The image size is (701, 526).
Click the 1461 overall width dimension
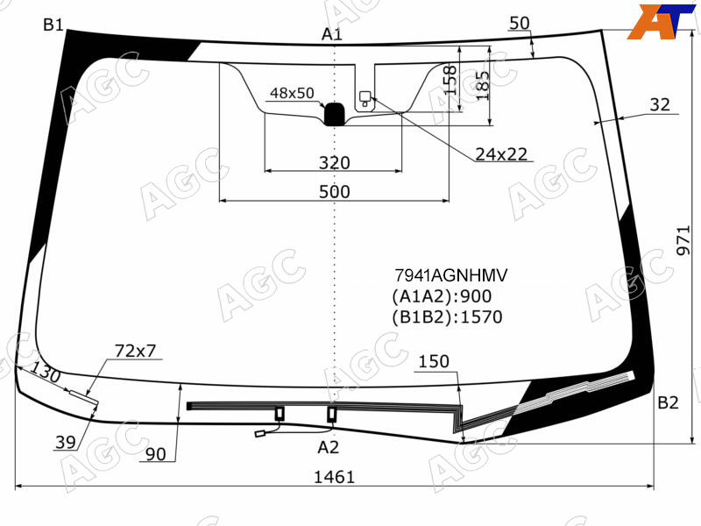click(x=335, y=477)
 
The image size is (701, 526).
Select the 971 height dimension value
click(x=683, y=240)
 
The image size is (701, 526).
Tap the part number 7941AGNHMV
click(x=450, y=275)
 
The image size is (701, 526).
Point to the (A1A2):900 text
click(x=442, y=296)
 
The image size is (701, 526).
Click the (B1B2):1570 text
click(x=447, y=316)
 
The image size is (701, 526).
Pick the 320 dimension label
click(x=335, y=163)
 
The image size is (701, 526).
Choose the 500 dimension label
click(x=335, y=192)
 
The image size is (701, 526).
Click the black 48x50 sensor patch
click(x=334, y=114)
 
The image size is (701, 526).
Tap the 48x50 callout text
click(x=292, y=93)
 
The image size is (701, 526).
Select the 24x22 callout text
click(x=501, y=154)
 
